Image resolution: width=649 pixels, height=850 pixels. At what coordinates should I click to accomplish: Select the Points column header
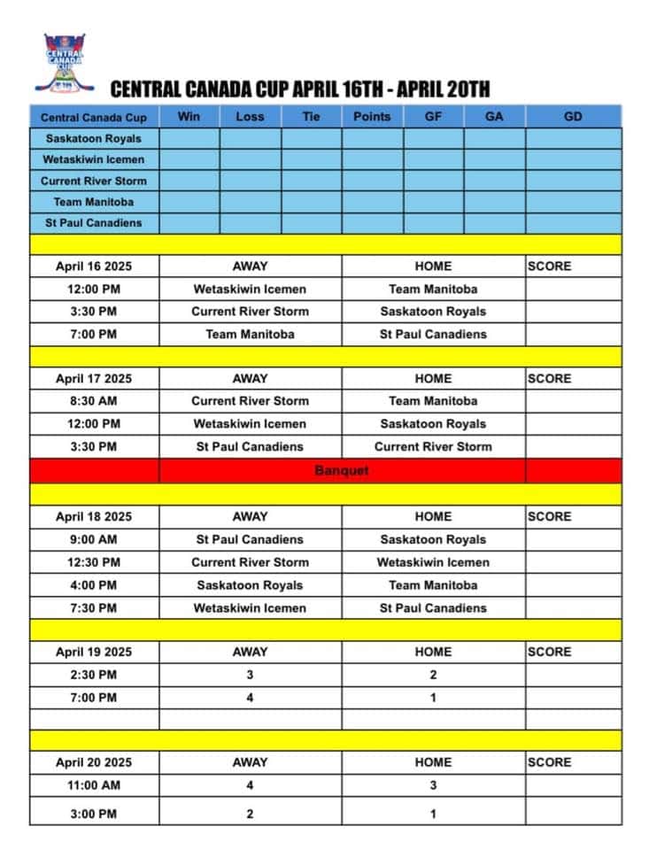pyautogui.click(x=372, y=117)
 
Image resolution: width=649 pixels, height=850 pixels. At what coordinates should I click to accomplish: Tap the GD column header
pyautogui.click(x=573, y=117)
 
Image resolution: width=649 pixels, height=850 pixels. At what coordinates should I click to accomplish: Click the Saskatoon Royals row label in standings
pyautogui.click(x=94, y=138)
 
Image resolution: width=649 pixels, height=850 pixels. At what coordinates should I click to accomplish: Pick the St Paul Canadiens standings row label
pyautogui.click(x=94, y=222)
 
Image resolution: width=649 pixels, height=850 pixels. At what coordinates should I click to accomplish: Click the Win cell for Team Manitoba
pyautogui.click(x=189, y=202)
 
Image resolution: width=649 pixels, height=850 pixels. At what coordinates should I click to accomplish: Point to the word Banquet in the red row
pyautogui.click(x=342, y=470)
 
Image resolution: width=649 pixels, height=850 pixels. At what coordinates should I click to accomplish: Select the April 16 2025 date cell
pyautogui.click(x=94, y=266)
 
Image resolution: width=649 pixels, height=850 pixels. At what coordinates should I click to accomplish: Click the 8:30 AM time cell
pyautogui.click(x=94, y=401)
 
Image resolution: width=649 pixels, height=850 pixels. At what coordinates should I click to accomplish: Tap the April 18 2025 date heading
pyautogui.click(x=94, y=516)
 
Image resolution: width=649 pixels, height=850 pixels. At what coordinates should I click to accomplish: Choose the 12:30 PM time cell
pyautogui.click(x=94, y=562)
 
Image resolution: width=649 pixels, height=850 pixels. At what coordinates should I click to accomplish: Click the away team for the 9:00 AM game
pyautogui.click(x=250, y=539)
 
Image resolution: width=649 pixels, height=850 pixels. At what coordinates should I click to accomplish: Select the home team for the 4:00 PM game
pyautogui.click(x=433, y=585)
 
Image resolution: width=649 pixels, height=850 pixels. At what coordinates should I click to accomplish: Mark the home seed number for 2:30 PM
pyautogui.click(x=433, y=675)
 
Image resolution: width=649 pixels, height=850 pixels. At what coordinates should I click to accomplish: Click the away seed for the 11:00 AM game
pyautogui.click(x=250, y=784)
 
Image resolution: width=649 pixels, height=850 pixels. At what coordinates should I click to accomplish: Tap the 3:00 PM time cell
pyautogui.click(x=94, y=814)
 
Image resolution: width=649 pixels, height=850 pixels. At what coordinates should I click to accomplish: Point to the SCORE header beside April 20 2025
pyautogui.click(x=550, y=761)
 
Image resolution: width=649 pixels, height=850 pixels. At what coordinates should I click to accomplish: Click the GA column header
pyautogui.click(x=494, y=117)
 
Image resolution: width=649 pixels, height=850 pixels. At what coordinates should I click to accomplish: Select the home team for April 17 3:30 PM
pyautogui.click(x=433, y=446)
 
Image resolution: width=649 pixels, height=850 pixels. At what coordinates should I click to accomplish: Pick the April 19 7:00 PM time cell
pyautogui.click(x=94, y=698)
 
